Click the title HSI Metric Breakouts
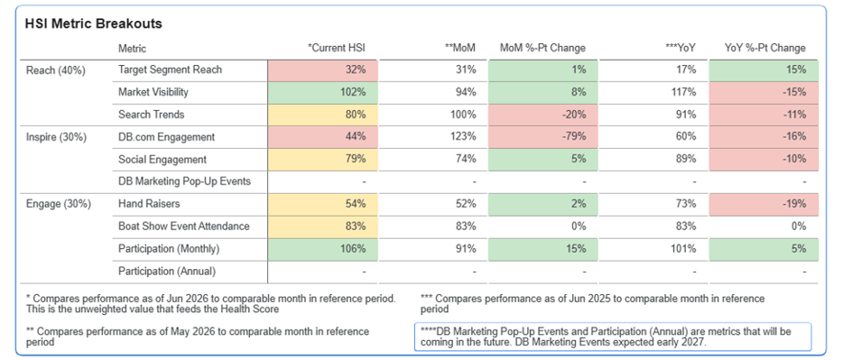94,23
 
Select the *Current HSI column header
337,48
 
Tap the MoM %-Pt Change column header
542,48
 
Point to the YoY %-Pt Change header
765,48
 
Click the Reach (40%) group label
56,69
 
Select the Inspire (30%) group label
56,137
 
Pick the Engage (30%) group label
58,204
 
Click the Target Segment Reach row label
170,69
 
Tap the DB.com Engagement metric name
166,137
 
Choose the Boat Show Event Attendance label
184,226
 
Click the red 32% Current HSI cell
322,69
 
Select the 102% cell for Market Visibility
322,92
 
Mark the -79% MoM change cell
543,137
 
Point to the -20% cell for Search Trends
543,115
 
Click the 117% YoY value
685,92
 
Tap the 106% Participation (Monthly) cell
322,249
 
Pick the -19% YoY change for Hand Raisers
764,204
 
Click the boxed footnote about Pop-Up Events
613,337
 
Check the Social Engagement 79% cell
322,159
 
